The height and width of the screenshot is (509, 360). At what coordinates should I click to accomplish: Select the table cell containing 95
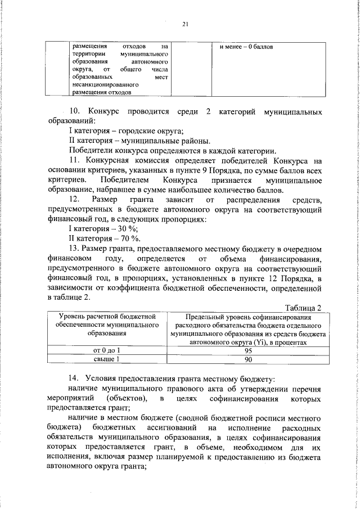[x=249, y=350]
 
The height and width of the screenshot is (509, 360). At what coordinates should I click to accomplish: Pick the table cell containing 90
[x=249, y=358]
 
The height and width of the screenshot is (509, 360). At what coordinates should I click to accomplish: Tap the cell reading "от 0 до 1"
[x=107, y=350]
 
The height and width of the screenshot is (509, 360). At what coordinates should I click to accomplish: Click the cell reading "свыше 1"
[x=107, y=358]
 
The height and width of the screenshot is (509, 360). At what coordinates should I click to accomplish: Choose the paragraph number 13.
[x=74, y=248]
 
